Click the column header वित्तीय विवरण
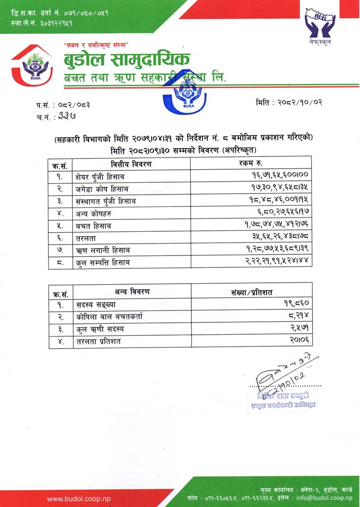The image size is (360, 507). (131, 163)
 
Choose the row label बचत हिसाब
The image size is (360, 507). (94, 226)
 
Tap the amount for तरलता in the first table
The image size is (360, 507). (279, 238)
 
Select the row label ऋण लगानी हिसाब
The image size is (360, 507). (103, 251)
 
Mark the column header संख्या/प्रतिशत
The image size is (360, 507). (251, 291)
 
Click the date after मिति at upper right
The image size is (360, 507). (301, 102)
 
